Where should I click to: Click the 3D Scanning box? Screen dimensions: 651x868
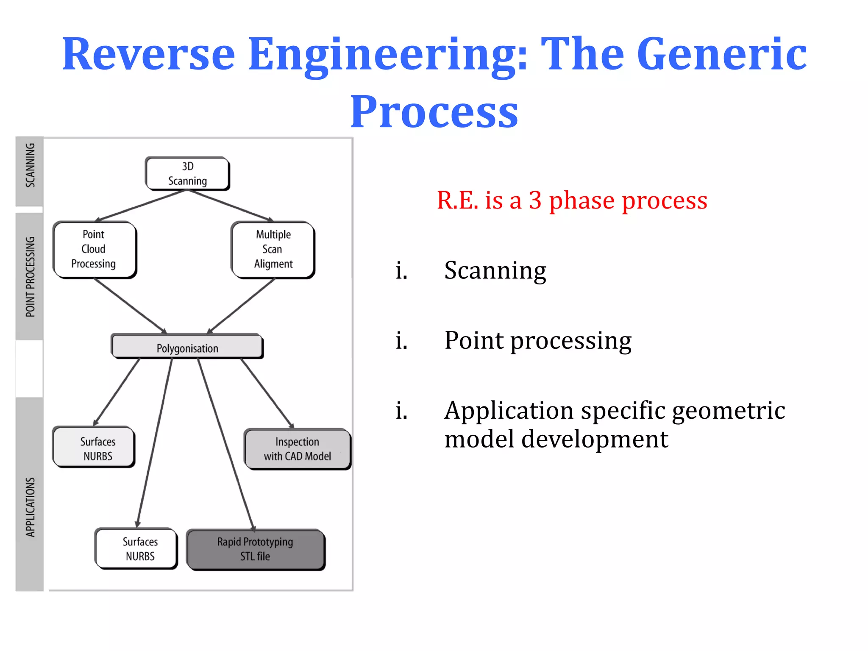point(187,173)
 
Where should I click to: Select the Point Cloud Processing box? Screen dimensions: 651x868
point(94,250)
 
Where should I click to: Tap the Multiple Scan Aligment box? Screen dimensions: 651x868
point(273,250)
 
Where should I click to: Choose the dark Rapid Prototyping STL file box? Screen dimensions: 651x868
point(256,549)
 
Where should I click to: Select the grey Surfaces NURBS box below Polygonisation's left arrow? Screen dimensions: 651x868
point(94,448)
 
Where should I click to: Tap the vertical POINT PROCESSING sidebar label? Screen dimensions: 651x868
point(30,277)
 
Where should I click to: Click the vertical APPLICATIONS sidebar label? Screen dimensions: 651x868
point(30,507)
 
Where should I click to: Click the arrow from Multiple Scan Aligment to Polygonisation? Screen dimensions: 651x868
point(242,306)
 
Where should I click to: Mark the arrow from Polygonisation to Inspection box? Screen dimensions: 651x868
point(267,393)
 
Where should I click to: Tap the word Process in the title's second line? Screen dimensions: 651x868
point(434,112)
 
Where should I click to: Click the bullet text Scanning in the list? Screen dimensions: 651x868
point(495,270)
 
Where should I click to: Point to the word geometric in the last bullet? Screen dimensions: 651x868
point(728,411)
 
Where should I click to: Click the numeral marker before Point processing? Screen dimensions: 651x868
point(401,341)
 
